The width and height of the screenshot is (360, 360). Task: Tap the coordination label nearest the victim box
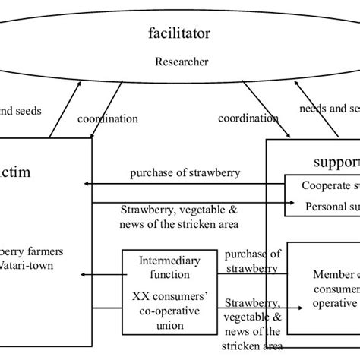pos(108,119)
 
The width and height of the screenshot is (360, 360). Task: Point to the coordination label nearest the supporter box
pos(248,118)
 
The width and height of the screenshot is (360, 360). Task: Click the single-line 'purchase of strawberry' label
pos(185,172)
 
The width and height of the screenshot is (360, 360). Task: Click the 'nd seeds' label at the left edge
pos(21,111)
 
